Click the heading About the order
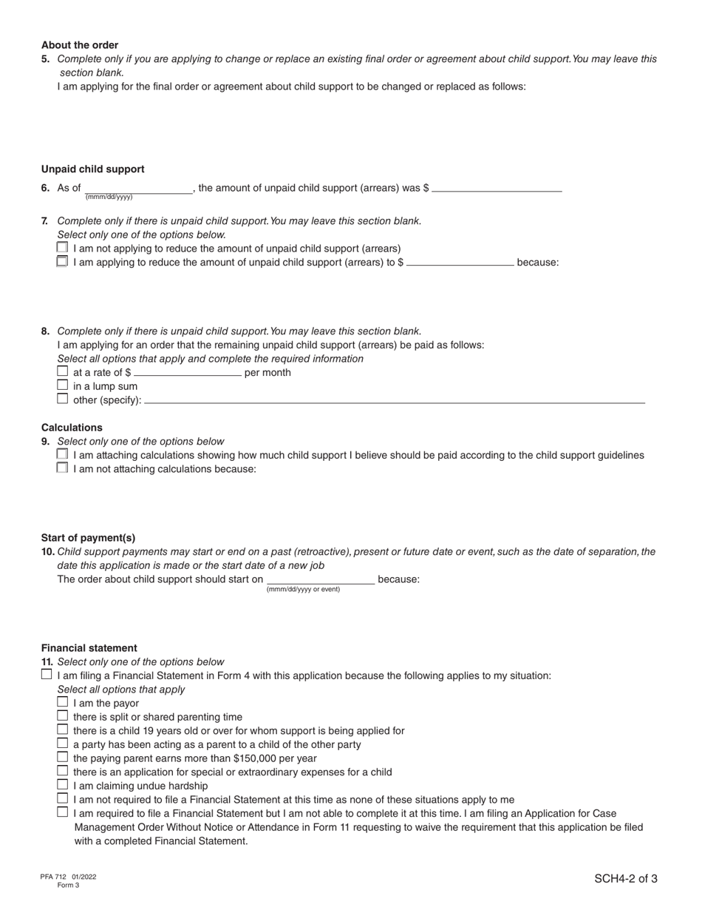80,45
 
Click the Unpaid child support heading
93,169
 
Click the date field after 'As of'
138,189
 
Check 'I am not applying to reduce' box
62,248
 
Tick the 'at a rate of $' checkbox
62,371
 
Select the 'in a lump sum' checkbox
62,385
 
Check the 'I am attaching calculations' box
62,454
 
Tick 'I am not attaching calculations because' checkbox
62,468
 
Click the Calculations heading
72,428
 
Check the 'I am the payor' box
62,702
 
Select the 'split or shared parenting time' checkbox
62,716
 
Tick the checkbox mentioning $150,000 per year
62,758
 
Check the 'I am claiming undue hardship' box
62,785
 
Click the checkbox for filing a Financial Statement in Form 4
47,675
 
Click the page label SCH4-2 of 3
625,879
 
